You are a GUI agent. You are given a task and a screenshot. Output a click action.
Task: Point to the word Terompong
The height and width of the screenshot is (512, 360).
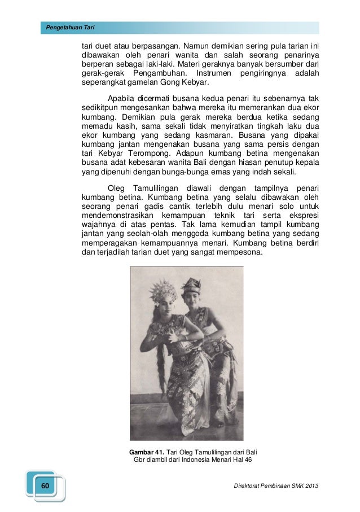pyautogui.click(x=146, y=153)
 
